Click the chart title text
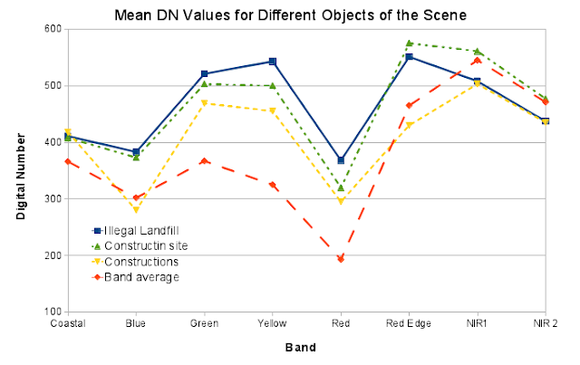tap(290, 15)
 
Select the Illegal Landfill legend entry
tap(135, 231)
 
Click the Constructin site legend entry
tap(140, 246)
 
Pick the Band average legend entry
tap(135, 277)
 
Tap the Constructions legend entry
tap(135, 262)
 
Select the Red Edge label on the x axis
tap(409, 323)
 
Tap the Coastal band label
tap(68, 323)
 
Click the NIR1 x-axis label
tap(477, 323)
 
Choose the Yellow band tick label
tap(272, 323)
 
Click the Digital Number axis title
tap(21, 177)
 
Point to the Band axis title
tap(300, 348)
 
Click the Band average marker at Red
tap(341, 259)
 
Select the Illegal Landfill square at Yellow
tap(273, 62)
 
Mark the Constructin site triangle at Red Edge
tap(409, 43)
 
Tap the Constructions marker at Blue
tap(136, 210)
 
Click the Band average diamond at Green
tap(204, 161)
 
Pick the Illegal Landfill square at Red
tap(341, 160)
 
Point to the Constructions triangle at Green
tap(204, 103)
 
